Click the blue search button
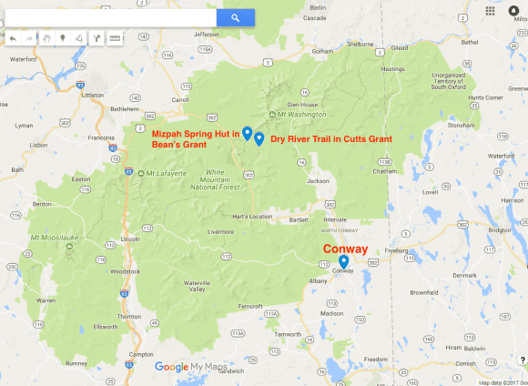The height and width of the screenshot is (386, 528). pos(234,17)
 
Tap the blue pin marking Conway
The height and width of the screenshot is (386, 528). pos(343,261)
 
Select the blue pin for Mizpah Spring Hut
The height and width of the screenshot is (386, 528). pos(248,133)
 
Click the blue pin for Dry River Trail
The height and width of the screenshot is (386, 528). pos(259,139)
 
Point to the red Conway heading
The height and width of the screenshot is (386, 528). pos(346,248)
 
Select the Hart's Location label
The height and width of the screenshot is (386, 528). pos(252,217)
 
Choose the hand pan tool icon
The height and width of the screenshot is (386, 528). pos(46,39)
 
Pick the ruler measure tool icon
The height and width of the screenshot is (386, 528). pos(115,39)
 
